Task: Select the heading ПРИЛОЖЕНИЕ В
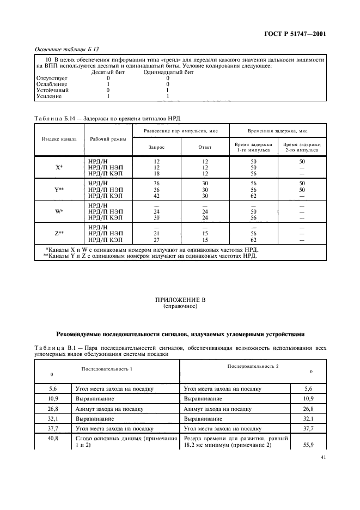pyautogui.click(x=180, y=300)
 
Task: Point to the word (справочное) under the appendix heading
pyautogui.click(x=180, y=306)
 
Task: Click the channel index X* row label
pyautogui.click(x=59, y=167)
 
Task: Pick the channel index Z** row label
pyautogui.click(x=59, y=233)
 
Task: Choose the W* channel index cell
pyautogui.click(x=59, y=211)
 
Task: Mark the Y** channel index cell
pyautogui.click(x=59, y=189)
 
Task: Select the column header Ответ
pyautogui.click(x=205, y=147)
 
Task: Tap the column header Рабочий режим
pyautogui.click(x=107, y=138)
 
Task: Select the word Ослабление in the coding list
pyautogui.click(x=52, y=84)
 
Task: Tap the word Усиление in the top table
pyautogui.click(x=49, y=96)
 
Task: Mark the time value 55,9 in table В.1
pyautogui.click(x=308, y=445)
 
